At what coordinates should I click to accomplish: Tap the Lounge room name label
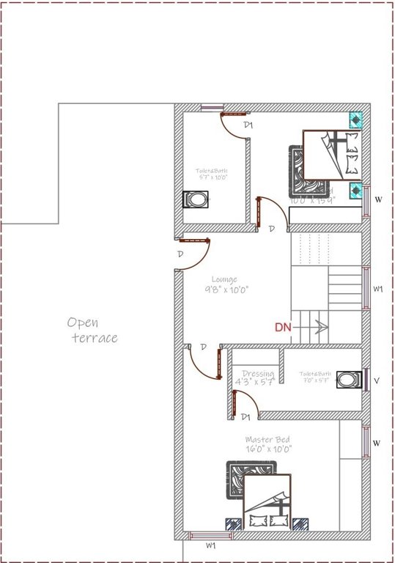(x=224, y=279)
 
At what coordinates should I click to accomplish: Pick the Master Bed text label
(x=268, y=439)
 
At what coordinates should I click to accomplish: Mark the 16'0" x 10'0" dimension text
(x=268, y=449)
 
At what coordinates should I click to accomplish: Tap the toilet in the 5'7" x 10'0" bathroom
(x=196, y=199)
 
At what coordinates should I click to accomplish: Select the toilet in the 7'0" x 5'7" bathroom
(x=348, y=380)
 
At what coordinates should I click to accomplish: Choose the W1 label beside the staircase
(x=378, y=290)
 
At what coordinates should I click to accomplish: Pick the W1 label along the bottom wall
(x=210, y=546)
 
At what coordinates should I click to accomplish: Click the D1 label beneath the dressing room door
(x=246, y=417)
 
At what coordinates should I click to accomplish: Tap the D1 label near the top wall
(x=248, y=125)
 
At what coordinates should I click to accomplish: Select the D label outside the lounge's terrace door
(x=180, y=254)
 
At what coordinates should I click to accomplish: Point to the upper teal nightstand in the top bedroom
(x=355, y=119)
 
